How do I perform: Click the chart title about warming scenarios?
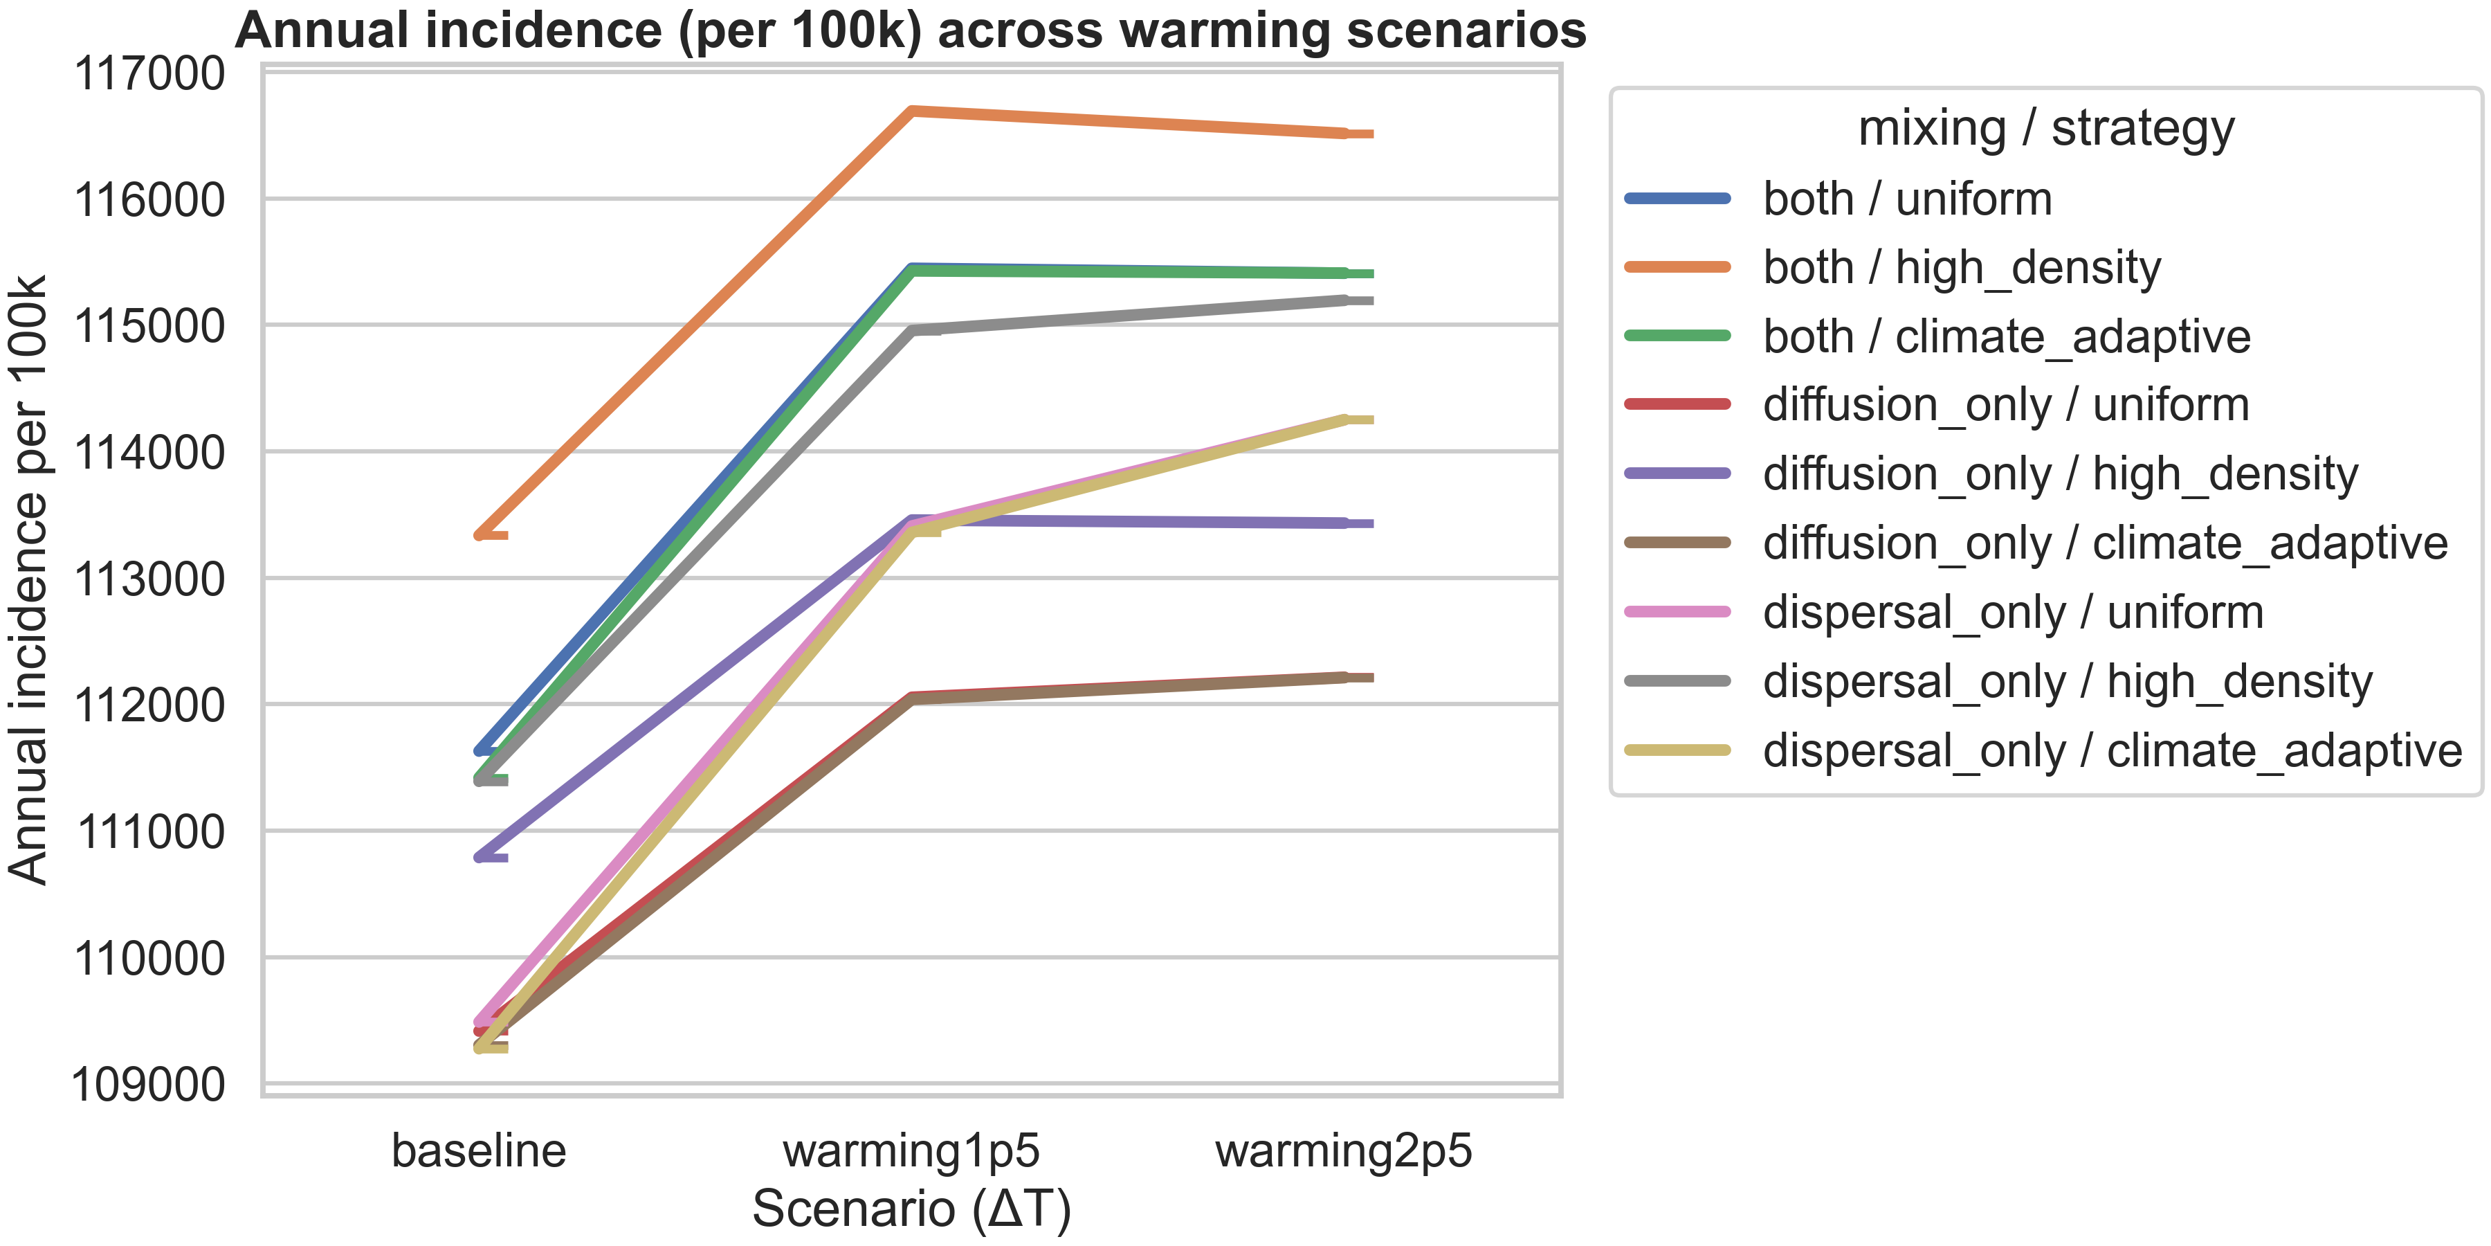(x=910, y=31)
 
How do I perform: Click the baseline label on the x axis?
(x=479, y=1151)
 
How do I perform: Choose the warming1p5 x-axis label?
(x=911, y=1151)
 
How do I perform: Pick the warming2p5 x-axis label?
(x=1343, y=1151)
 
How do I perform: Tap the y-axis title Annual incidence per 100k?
(x=29, y=581)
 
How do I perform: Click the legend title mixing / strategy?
(x=2046, y=129)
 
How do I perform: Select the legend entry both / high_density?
(x=1961, y=268)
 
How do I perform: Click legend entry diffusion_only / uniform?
(x=2005, y=406)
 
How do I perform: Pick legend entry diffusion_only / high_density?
(x=2060, y=475)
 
